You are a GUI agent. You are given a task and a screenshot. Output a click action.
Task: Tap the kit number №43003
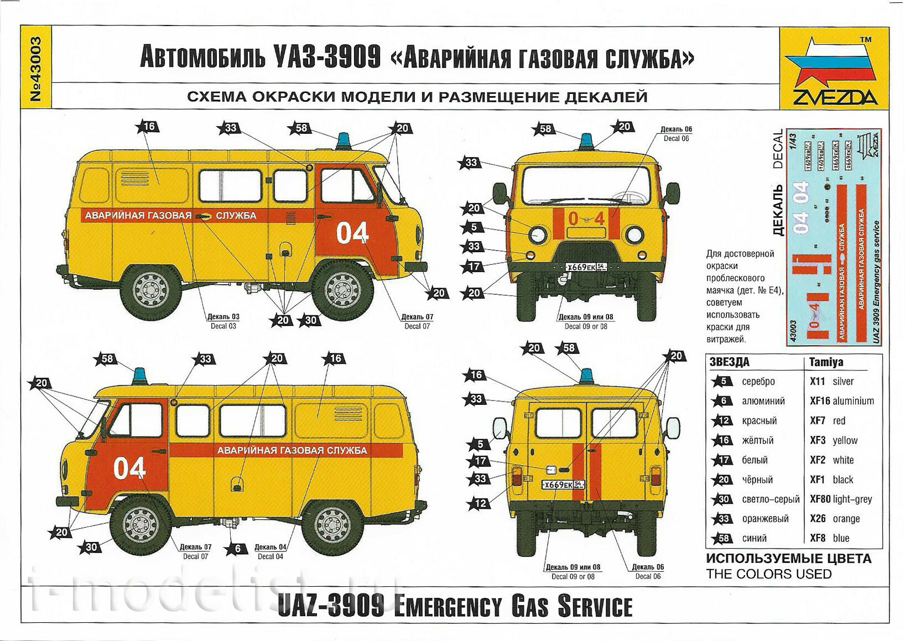(x=36, y=69)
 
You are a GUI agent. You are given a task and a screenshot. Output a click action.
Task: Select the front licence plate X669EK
(x=586, y=267)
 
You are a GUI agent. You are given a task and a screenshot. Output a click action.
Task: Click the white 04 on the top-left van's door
(x=352, y=233)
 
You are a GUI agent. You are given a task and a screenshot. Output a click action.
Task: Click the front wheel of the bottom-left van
(x=141, y=524)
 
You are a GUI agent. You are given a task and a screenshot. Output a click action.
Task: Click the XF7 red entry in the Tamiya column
(x=828, y=421)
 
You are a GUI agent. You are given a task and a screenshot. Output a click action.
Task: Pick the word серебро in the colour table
(x=758, y=382)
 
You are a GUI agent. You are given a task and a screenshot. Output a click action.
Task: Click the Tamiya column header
(x=826, y=362)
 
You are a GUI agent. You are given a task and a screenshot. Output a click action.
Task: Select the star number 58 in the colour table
(x=722, y=538)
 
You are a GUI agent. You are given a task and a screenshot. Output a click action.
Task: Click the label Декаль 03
(x=223, y=317)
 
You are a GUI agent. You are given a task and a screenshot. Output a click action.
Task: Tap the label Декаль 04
(x=270, y=548)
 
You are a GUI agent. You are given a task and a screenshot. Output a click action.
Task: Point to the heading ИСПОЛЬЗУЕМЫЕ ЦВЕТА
(x=788, y=559)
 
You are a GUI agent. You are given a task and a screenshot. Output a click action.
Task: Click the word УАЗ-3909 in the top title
(x=327, y=57)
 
